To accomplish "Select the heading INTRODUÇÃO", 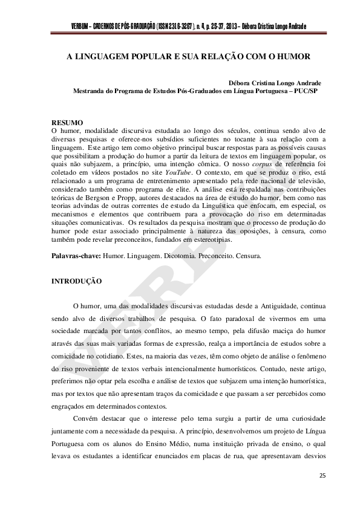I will click(x=76, y=282).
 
